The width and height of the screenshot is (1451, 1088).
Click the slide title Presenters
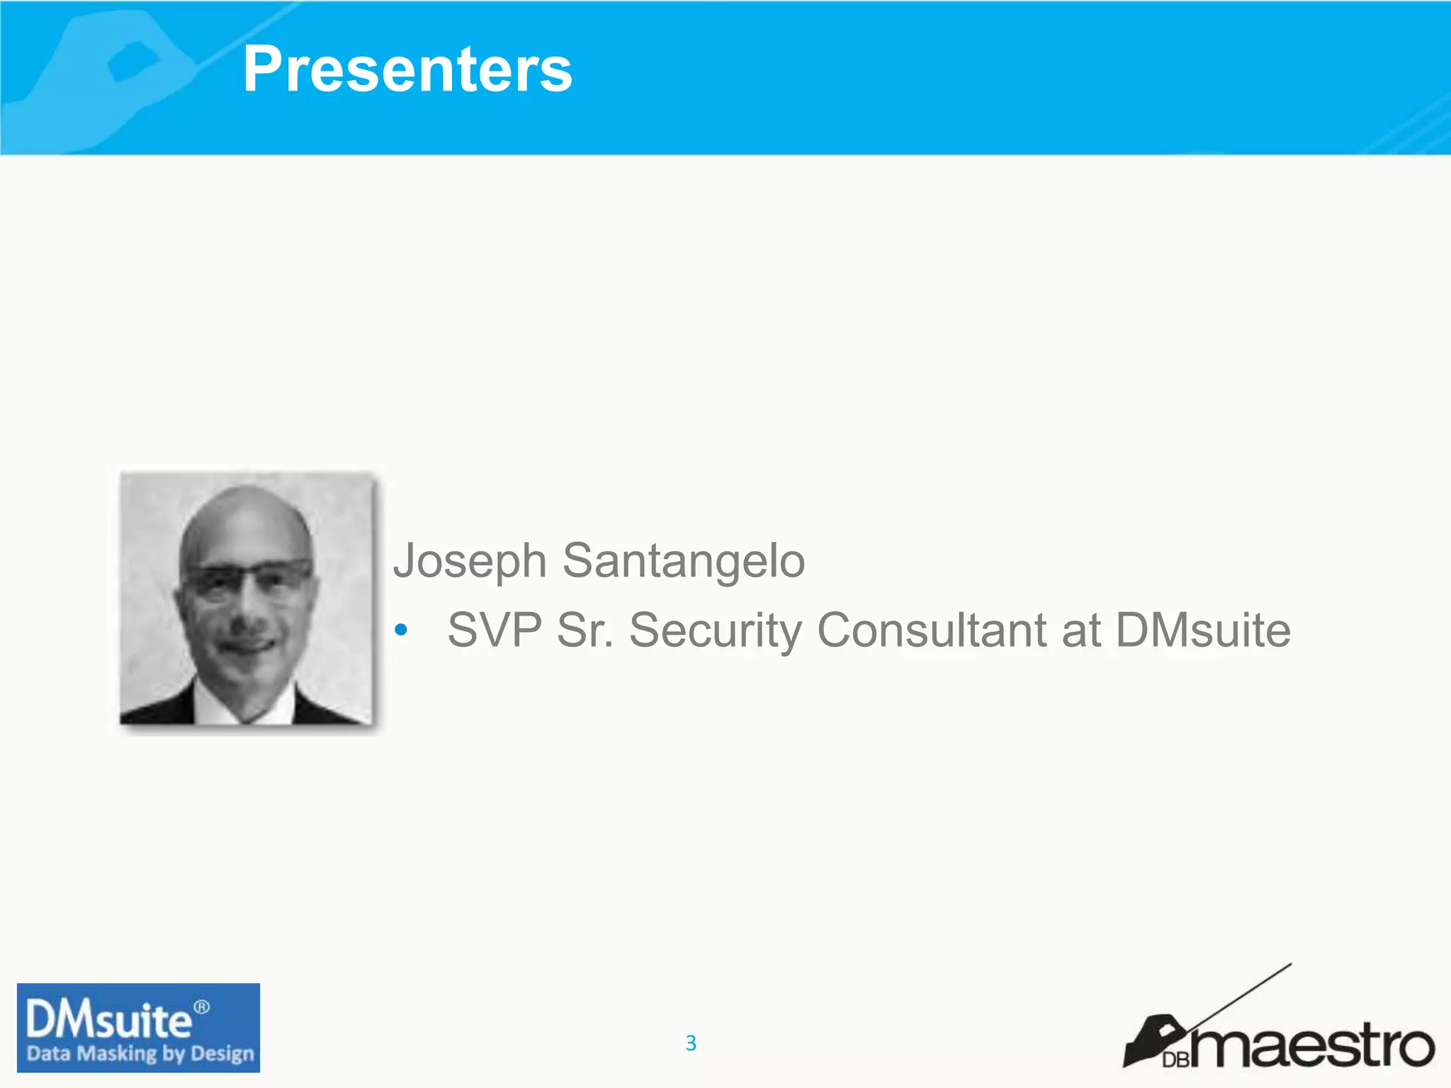[407, 69]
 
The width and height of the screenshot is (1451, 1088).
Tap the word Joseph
[470, 561]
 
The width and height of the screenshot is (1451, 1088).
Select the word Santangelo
[684, 561]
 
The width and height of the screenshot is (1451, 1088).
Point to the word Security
[715, 630]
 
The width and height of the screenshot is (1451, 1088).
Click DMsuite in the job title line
[1203, 630]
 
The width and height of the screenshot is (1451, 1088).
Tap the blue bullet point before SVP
[401, 630]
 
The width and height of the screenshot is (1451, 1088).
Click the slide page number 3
[691, 1043]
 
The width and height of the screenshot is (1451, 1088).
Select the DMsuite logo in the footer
[138, 1027]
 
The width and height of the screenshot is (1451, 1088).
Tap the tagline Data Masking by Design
[140, 1054]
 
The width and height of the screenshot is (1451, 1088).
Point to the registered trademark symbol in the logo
[202, 1007]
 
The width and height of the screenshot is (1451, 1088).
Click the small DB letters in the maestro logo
[1175, 1060]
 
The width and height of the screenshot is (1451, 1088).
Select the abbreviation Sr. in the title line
[585, 630]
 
